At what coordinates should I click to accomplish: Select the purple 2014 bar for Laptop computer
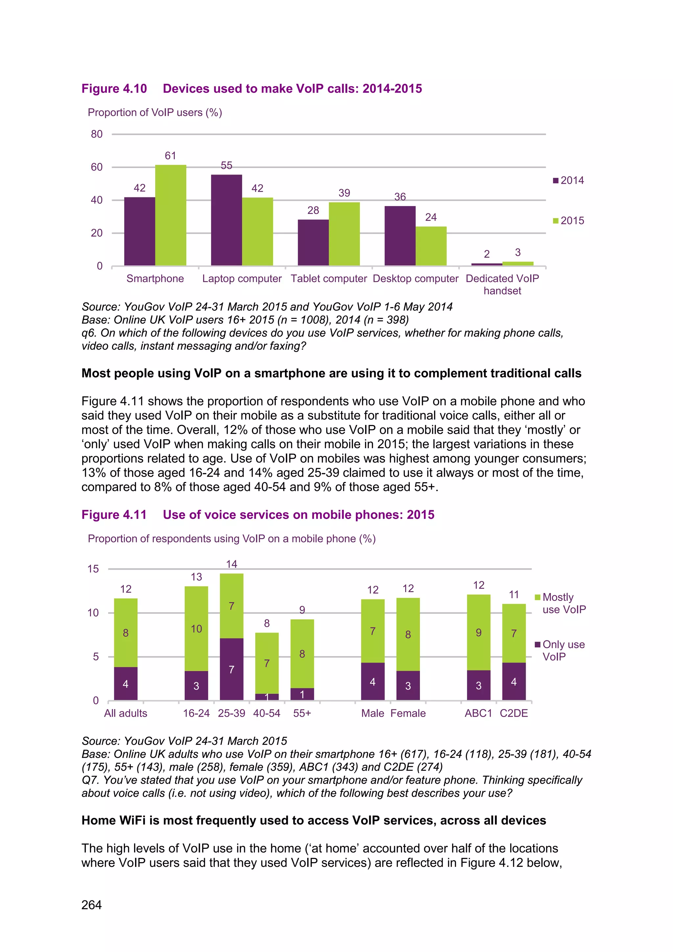[x=226, y=220]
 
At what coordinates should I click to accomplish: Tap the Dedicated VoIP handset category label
[x=502, y=284]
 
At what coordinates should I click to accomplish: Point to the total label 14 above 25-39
[x=231, y=564]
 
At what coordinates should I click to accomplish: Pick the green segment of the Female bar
[x=408, y=634]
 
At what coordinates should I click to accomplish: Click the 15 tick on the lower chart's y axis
[x=93, y=569]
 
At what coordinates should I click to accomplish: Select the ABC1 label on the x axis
[x=478, y=713]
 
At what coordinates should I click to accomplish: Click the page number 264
[x=92, y=905]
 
